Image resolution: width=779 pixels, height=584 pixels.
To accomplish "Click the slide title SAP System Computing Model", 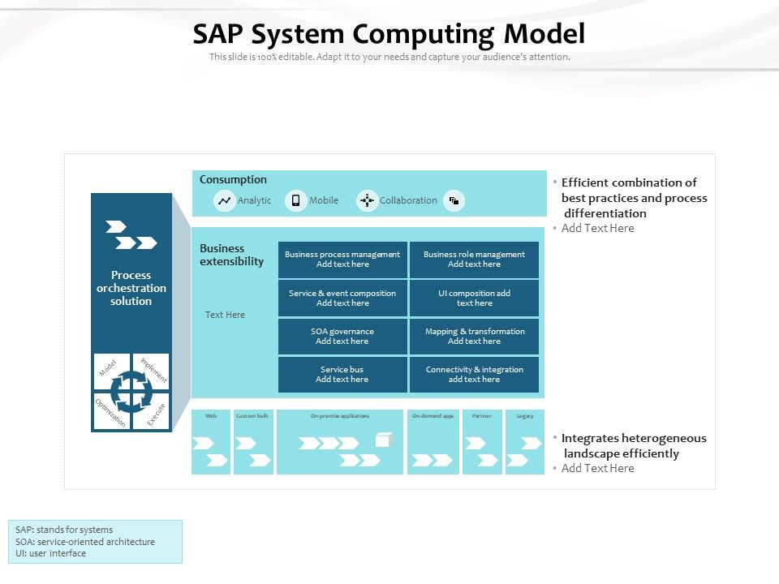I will [x=389, y=34].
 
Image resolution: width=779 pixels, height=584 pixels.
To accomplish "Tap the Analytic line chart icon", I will [x=225, y=200].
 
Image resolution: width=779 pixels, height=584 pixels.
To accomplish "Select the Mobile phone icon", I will [x=296, y=200].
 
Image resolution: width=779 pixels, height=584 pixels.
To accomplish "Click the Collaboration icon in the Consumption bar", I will [x=368, y=200].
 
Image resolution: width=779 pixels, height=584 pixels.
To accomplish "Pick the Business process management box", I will [x=342, y=260].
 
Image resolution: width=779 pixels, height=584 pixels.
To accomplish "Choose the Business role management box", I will [x=474, y=260].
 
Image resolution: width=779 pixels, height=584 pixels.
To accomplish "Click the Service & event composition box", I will [x=342, y=298].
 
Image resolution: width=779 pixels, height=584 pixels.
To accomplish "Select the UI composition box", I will [x=474, y=298].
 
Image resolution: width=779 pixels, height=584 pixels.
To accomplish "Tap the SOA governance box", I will [x=342, y=336].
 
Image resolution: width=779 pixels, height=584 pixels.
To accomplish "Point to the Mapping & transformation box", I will [x=474, y=336].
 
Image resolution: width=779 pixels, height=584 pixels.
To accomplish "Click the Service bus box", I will [x=342, y=374].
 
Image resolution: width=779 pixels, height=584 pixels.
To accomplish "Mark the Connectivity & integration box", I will [x=474, y=374].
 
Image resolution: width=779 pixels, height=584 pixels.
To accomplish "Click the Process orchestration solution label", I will [x=131, y=288].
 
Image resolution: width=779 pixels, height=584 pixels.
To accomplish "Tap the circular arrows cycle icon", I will [x=131, y=391].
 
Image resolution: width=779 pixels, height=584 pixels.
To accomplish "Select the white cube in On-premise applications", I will [x=384, y=440].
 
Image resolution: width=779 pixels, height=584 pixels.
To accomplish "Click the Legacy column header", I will [x=525, y=416].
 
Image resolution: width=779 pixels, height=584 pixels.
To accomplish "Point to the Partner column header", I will [x=482, y=416].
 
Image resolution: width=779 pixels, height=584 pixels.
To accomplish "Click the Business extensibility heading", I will [x=232, y=255].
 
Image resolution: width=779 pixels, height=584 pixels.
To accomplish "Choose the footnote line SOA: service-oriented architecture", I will [x=85, y=542].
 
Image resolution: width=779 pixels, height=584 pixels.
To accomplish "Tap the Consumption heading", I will [x=233, y=180].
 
